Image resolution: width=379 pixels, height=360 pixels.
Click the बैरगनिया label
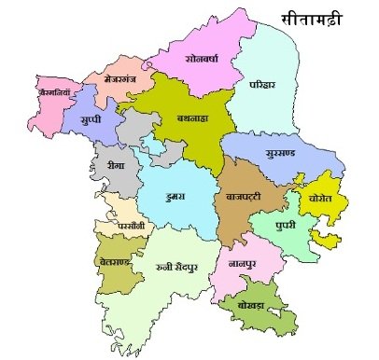coord(50,94)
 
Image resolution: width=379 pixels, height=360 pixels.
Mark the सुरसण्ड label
coord(282,150)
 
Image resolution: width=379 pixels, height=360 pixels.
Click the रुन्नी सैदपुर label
coord(178,268)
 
